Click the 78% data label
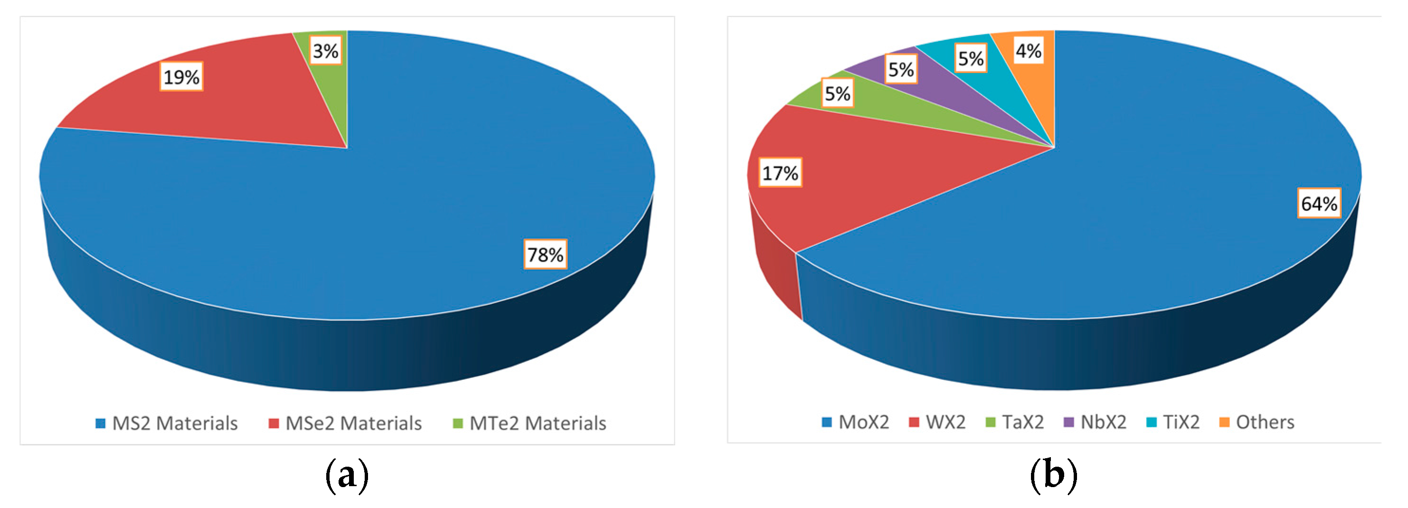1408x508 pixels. [x=545, y=254]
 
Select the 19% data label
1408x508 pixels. [x=181, y=76]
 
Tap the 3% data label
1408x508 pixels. [x=325, y=50]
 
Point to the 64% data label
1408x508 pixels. [x=1318, y=203]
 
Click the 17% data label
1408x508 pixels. [x=780, y=173]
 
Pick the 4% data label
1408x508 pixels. [x=1028, y=50]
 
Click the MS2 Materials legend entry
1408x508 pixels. [x=166, y=423]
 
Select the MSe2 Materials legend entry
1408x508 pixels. [x=345, y=423]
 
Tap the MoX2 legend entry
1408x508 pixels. [x=855, y=422]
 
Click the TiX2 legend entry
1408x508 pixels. [x=1173, y=422]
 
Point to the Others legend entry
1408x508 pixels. [x=1257, y=422]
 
